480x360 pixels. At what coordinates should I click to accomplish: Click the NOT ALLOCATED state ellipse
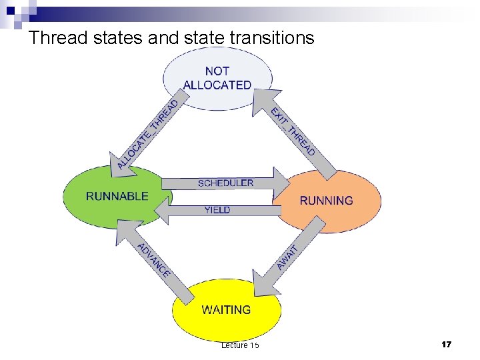coord(217,77)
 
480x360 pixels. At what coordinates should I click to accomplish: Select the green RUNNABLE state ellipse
coord(117,196)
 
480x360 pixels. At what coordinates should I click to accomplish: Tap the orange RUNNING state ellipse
coord(327,200)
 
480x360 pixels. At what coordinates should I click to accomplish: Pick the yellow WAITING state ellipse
coord(227,310)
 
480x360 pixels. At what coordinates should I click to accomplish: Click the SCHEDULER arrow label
coord(225,183)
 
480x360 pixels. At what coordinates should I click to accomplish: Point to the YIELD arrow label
coord(217,210)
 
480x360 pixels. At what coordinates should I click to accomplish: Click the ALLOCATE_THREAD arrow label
coord(147,134)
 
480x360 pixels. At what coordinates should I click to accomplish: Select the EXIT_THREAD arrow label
coord(293,131)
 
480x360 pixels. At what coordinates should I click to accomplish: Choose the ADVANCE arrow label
coord(154,259)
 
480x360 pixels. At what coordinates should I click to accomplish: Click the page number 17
coord(446,345)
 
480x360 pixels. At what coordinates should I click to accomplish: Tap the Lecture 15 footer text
coord(240,345)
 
